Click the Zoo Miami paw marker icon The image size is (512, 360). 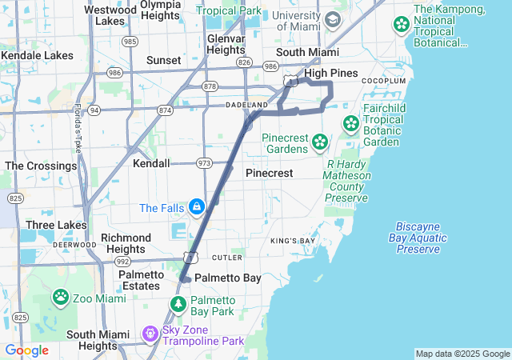point(61,297)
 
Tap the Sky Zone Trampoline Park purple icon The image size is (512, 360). point(149,332)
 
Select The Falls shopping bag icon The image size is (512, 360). point(196,208)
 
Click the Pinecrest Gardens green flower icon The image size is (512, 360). point(320,142)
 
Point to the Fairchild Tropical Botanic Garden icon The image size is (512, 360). point(350,124)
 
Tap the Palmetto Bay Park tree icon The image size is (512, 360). point(178,305)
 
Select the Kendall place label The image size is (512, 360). point(151,163)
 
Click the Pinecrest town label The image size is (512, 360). point(269,173)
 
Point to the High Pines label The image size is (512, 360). point(330,73)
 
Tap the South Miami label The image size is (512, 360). point(302,52)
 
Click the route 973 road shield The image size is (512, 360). point(204,163)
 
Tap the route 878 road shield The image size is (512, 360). point(210,86)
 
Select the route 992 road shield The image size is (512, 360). point(122,261)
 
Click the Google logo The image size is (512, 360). point(27,350)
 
